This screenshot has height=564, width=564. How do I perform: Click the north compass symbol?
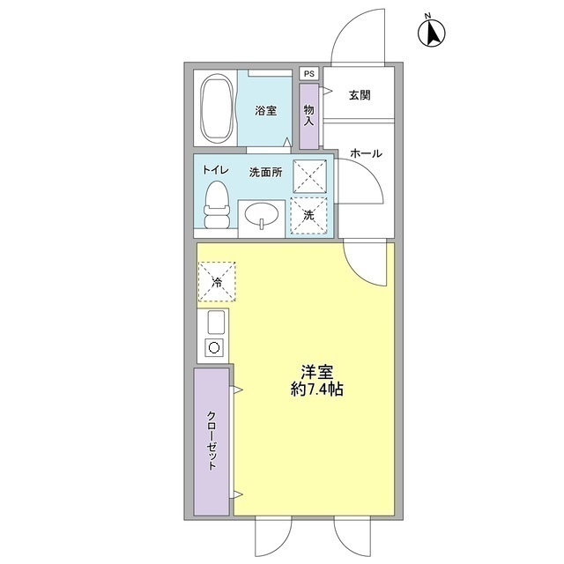point(432,32)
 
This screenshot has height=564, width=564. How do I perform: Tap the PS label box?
point(309,74)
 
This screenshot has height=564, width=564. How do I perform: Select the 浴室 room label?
point(267,111)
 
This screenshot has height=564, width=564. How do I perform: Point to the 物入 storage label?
point(309,115)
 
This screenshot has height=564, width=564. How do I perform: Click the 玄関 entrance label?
point(360,95)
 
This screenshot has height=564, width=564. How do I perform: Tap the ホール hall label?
point(366,153)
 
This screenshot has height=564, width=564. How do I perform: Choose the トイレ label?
point(216,170)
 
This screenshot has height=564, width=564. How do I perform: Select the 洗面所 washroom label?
point(264,172)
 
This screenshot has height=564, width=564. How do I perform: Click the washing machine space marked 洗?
point(309,215)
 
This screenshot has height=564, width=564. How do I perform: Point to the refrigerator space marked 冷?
point(217,282)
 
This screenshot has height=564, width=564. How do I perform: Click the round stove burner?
point(213,347)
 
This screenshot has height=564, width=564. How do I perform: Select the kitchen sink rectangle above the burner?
point(215,323)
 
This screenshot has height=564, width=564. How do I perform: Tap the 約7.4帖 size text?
point(315,390)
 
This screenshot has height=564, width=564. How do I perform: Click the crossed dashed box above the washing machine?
point(309,175)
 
